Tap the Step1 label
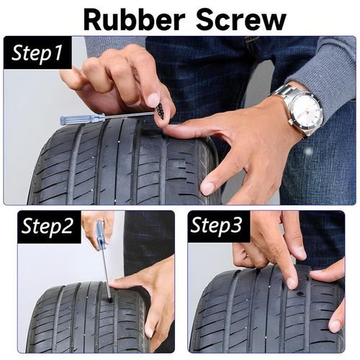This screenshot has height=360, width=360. click(x=39, y=53)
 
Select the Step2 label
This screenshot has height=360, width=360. click(x=47, y=227)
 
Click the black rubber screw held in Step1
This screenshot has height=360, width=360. click(x=160, y=112)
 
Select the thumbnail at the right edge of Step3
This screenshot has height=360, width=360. click(x=335, y=325)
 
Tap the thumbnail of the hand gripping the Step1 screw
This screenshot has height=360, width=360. click(x=153, y=99)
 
